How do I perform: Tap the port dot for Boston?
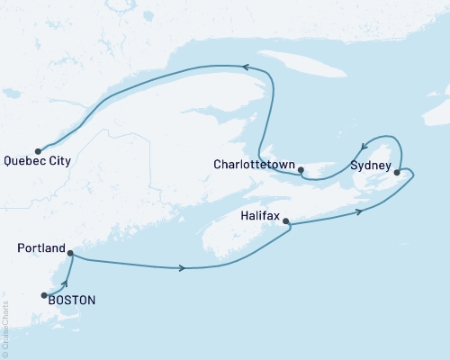click(x=43, y=294)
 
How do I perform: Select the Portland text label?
click(x=41, y=247)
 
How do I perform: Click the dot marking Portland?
click(x=70, y=253)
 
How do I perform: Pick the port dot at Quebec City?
click(x=38, y=150)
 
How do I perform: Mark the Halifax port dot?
click(x=285, y=220)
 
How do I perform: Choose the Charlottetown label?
click(x=255, y=165)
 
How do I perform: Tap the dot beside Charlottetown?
click(x=301, y=169)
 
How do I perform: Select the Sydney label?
click(x=370, y=166)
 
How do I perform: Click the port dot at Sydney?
click(x=397, y=171)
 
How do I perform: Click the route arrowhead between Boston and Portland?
click(x=63, y=285)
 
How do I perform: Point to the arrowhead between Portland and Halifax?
click(x=184, y=268)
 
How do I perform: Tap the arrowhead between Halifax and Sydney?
click(x=360, y=211)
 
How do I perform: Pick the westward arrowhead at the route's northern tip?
click(x=242, y=67)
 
